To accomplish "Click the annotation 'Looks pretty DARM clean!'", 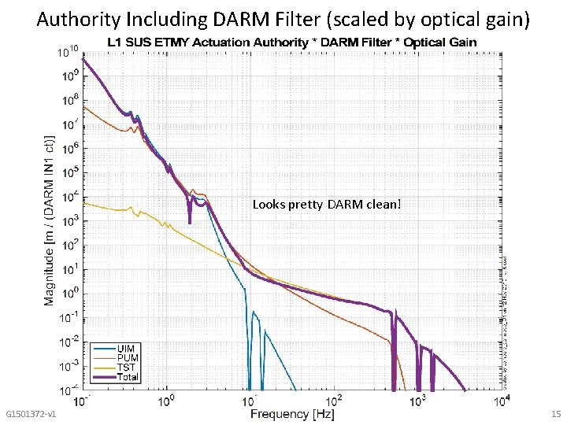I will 327,205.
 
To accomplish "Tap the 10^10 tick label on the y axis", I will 69,53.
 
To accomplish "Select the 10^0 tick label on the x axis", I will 166,402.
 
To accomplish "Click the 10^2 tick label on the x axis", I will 335,402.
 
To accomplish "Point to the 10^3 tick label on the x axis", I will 418,402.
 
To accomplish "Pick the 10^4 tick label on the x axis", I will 502,402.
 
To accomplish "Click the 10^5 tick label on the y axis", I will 69,173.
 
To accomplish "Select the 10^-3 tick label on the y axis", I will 69,366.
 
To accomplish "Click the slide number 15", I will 556,414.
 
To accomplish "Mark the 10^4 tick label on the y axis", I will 69,197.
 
